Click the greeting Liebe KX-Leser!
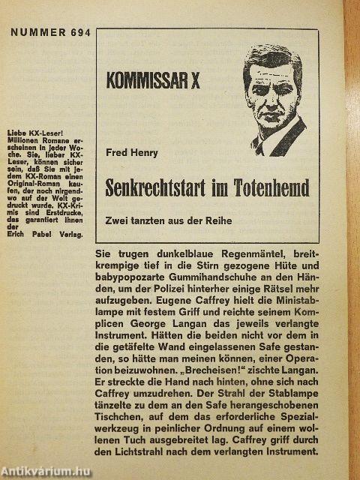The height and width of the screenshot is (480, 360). [x=34, y=133]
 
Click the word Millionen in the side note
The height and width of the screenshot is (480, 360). [x=29, y=141]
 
